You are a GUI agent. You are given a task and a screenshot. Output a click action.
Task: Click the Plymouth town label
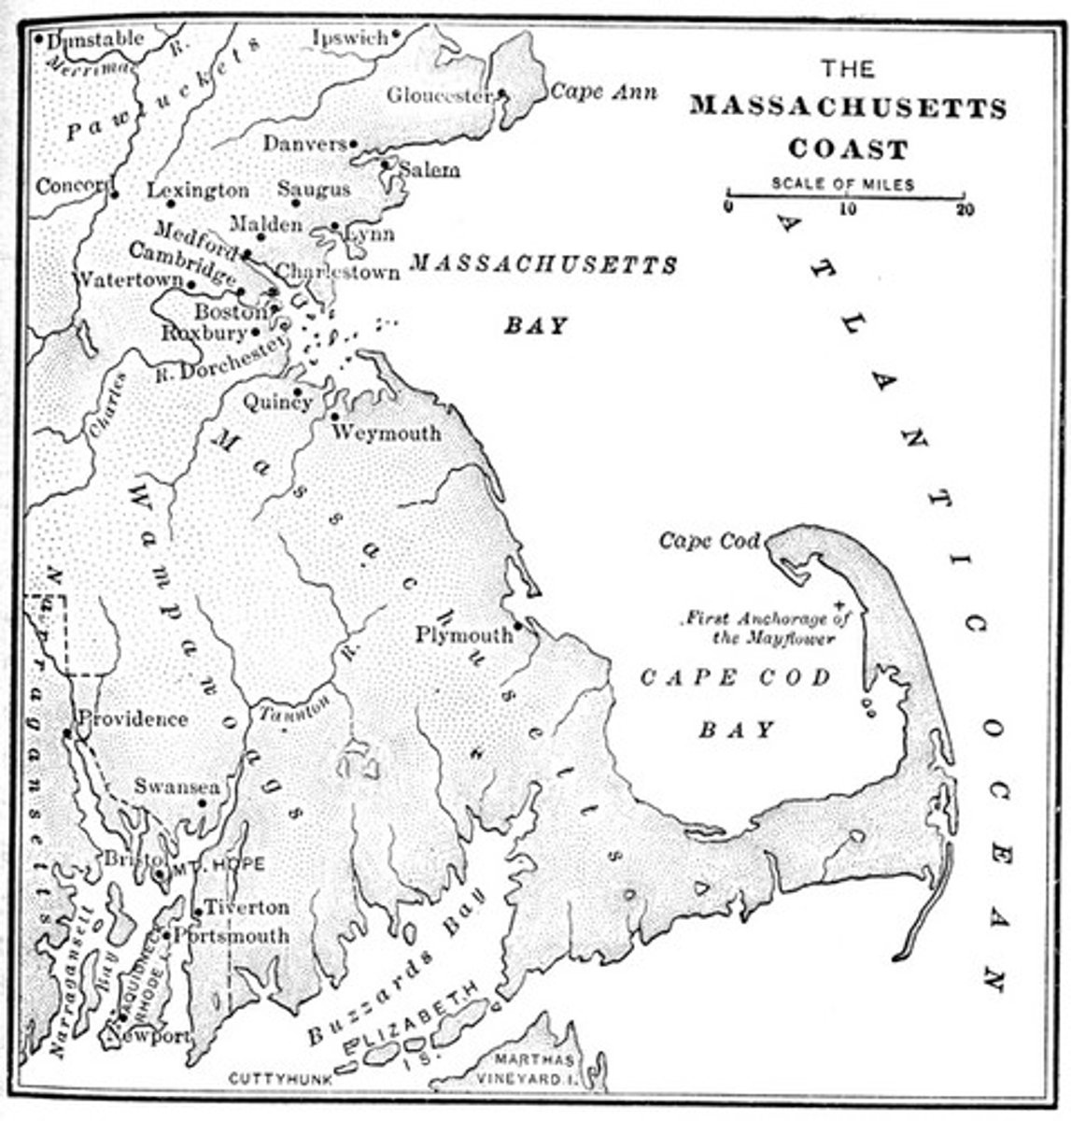point(464,635)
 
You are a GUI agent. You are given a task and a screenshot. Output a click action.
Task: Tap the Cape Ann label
point(602,92)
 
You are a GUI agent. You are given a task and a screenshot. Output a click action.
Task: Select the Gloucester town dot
point(501,94)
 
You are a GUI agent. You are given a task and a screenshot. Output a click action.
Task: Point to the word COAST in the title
point(848,149)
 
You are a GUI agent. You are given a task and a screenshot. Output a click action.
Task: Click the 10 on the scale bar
point(846,210)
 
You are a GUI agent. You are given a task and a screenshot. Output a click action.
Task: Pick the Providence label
point(134,718)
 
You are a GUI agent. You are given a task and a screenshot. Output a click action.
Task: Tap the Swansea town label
point(176,787)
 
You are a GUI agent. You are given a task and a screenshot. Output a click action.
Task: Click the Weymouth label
point(386,433)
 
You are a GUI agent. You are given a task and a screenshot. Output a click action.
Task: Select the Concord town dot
point(114,194)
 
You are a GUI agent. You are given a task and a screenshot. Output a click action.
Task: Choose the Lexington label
point(198,191)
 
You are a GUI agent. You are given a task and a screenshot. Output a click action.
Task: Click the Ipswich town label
point(350,37)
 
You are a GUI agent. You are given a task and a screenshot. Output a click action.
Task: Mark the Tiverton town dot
point(197,912)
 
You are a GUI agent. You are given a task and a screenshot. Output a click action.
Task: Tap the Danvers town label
point(303,144)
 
